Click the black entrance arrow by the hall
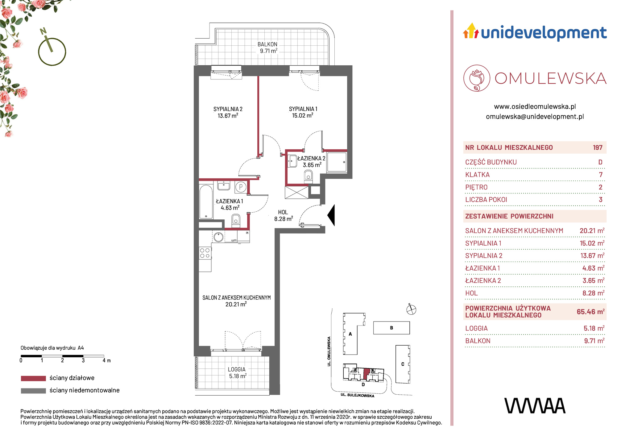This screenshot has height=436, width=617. pos(331,215)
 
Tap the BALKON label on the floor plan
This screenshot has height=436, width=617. pos(267,44)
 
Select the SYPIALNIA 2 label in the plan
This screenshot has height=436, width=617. pos(228,109)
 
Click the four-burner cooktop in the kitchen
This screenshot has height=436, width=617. pos(205,253)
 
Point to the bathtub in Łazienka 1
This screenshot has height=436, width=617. pos(206,202)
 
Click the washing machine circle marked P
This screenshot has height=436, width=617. pos(241,187)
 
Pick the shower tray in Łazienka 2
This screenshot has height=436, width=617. pos(337,162)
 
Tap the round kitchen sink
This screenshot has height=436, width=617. pos(218,237)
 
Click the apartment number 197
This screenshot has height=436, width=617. pos(598,147)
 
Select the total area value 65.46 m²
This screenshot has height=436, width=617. pos(590,312)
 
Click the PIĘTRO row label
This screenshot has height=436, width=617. pos(476,187)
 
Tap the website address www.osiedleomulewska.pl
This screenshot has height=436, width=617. pos(535,107)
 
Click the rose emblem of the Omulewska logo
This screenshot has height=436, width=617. pos(477,78)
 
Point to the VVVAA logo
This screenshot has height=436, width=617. pos(535,406)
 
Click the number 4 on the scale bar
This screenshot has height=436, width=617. pos(104,360)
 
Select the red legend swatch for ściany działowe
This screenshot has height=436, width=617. pos(33,378)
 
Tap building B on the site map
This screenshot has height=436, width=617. pos(391,328)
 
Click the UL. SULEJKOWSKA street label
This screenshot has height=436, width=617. pos(357,395)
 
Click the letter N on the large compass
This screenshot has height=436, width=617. pos(43,31)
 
